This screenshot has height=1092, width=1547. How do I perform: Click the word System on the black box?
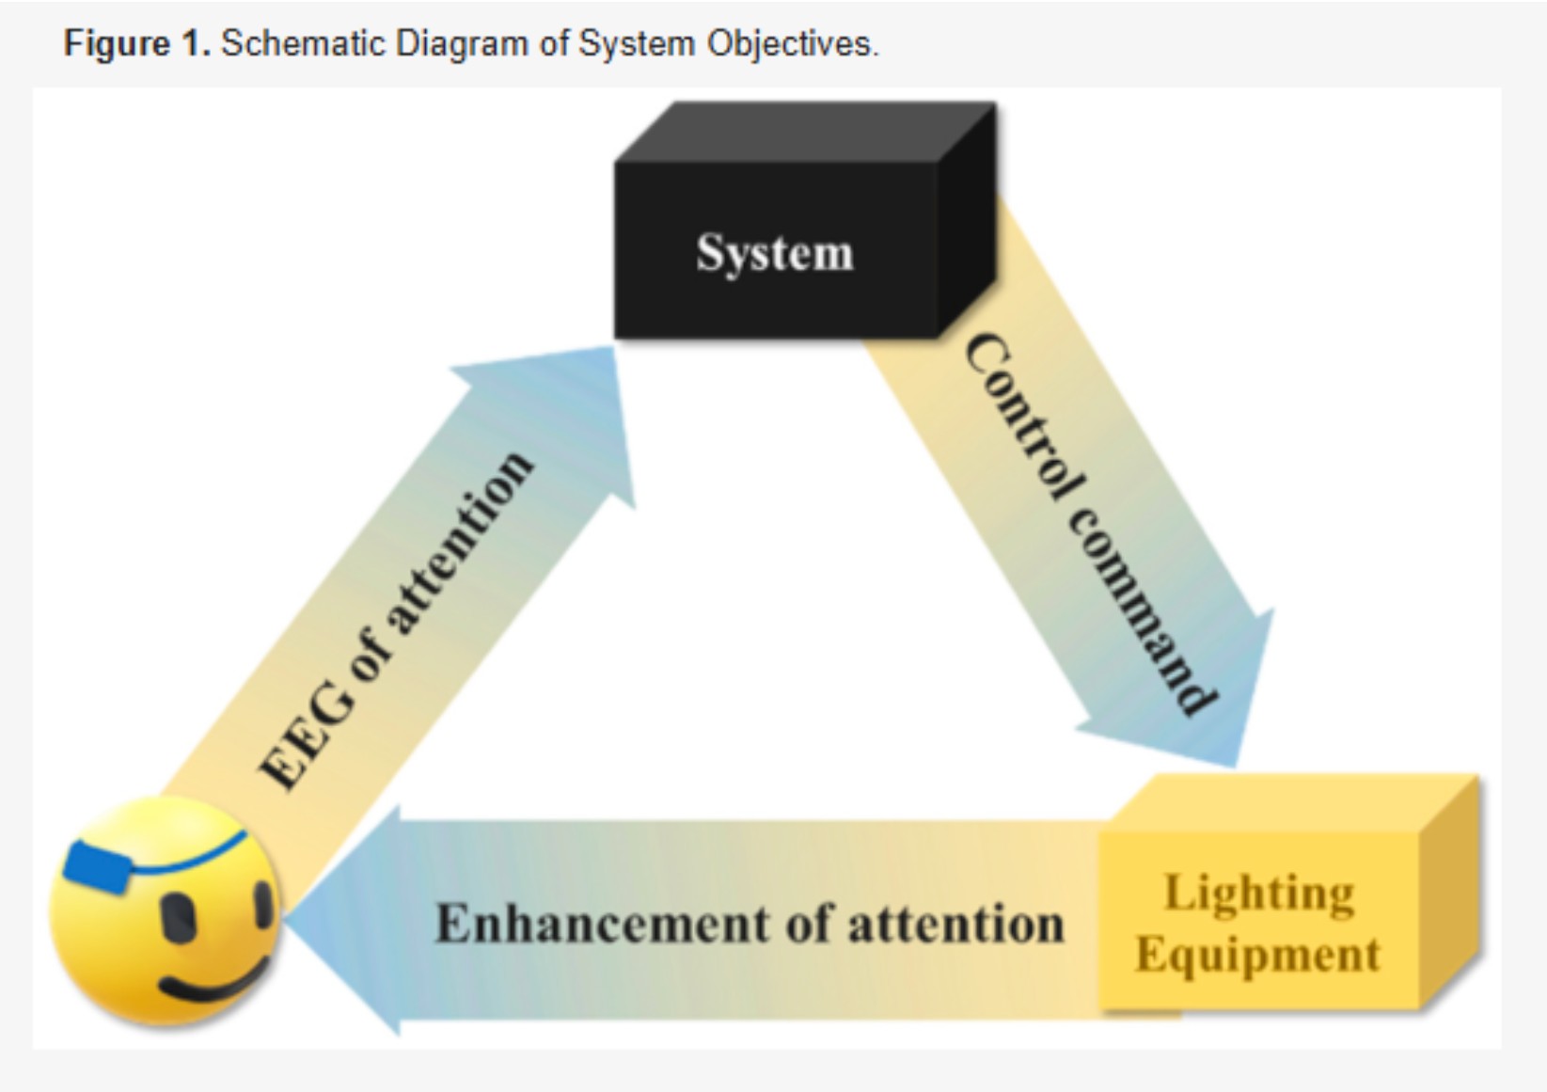(x=774, y=253)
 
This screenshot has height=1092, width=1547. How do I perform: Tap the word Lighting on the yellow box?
(x=1259, y=894)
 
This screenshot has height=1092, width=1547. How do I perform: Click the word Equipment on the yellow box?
(x=1257, y=955)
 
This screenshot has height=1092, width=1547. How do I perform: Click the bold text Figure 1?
(x=137, y=44)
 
